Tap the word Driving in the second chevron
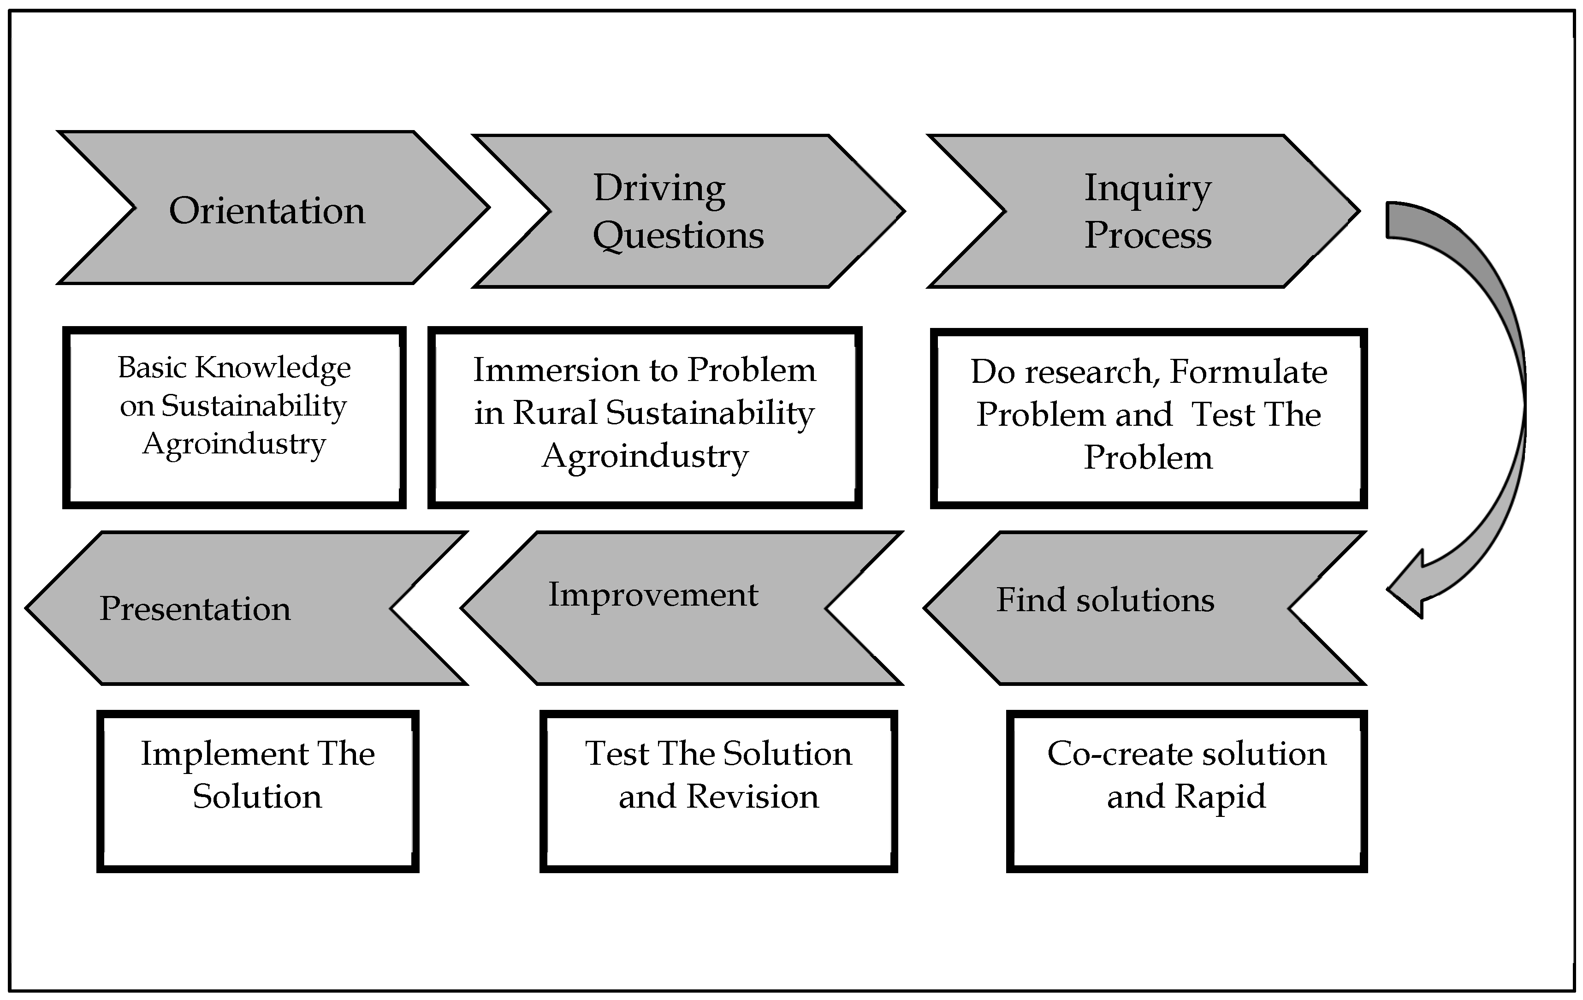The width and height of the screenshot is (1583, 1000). (x=659, y=188)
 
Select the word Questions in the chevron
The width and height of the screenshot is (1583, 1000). (x=678, y=235)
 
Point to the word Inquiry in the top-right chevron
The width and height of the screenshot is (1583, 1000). (x=1147, y=188)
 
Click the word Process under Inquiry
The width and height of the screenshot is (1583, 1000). (x=1147, y=235)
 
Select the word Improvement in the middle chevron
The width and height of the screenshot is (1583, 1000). (x=653, y=595)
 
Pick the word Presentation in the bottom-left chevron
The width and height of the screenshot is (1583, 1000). (x=195, y=608)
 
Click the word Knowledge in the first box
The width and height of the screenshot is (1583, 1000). (x=273, y=368)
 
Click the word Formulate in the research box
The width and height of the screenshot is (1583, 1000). (x=1248, y=372)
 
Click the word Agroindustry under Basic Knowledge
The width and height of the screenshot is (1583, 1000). (x=234, y=444)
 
